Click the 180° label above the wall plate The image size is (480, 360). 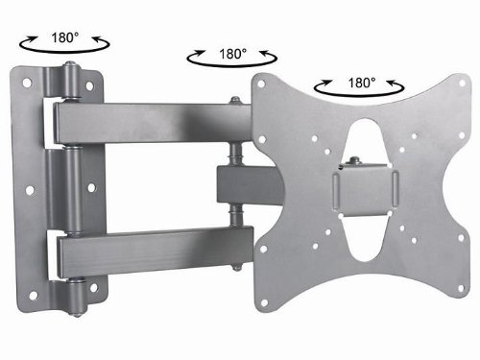64,38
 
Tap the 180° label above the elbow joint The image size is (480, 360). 232,54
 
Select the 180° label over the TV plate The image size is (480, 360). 361,83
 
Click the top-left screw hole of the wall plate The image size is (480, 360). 27,83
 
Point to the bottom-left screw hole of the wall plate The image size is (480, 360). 34,296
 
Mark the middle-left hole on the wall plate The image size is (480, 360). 30,191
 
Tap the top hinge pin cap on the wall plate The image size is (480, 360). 70,65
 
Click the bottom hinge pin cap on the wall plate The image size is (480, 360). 76,313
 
